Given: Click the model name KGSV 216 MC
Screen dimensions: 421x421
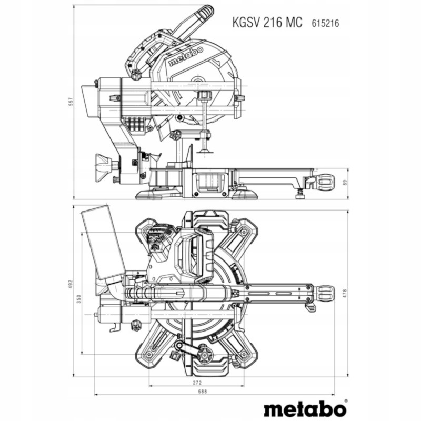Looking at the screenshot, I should tap(267, 23).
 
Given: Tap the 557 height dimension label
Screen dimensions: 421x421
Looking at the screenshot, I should tap(69, 102).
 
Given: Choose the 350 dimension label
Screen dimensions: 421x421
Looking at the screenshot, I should tap(79, 299).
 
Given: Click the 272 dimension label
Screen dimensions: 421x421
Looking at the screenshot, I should tap(197, 383).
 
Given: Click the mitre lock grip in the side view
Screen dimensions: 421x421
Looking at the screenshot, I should tap(322, 182).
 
